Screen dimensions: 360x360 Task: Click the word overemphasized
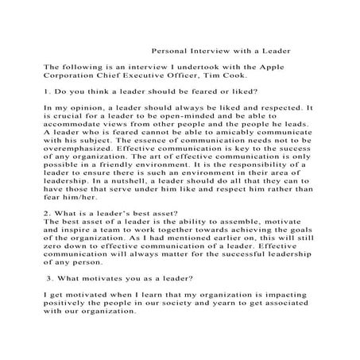[84, 168]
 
